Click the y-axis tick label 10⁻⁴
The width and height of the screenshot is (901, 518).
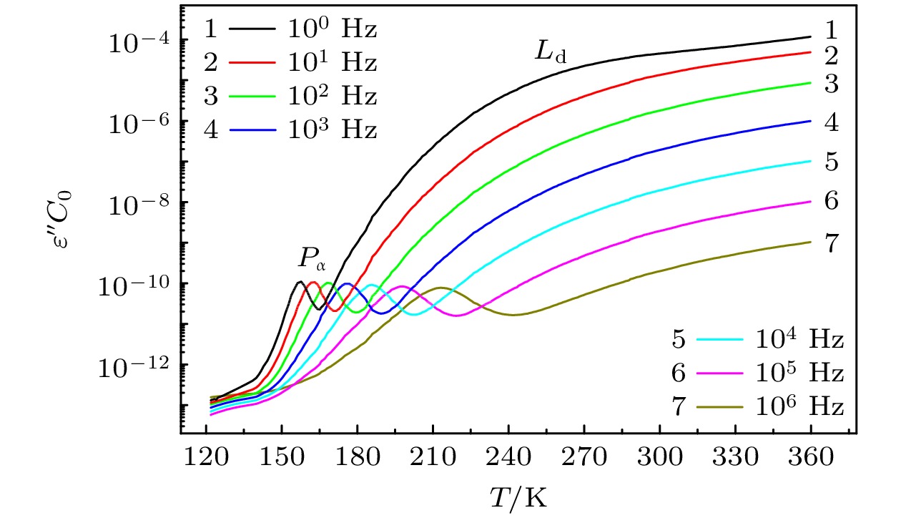coord(135,41)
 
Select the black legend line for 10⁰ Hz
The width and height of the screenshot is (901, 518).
coord(252,29)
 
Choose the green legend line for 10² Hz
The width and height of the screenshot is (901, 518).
coord(252,96)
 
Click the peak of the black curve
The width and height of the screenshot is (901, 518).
coord(300,282)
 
